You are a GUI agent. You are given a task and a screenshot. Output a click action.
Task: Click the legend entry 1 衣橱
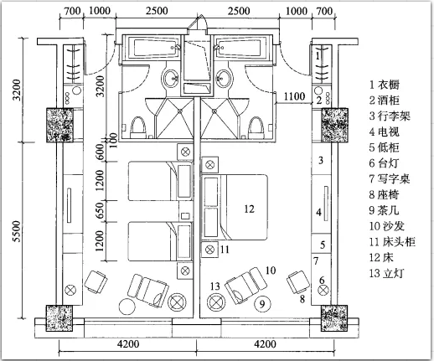pyautogui.click(x=385, y=85)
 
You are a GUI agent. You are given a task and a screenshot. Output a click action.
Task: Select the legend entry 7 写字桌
pyautogui.click(x=390, y=179)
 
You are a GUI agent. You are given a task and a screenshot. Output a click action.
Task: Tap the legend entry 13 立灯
pyautogui.click(x=386, y=273)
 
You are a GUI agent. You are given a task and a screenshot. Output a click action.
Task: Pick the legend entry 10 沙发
pyautogui.click(x=387, y=226)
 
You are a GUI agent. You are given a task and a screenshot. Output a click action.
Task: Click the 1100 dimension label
pyautogui.click(x=294, y=96)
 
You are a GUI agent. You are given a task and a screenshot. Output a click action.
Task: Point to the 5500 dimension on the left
pyautogui.click(x=17, y=231)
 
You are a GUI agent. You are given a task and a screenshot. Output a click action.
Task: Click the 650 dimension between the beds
pyautogui.click(x=100, y=211)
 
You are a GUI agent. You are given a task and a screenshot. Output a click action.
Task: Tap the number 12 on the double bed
pyautogui.click(x=249, y=209)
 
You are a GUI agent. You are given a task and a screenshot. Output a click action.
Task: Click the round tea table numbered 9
pyautogui.click(x=262, y=303)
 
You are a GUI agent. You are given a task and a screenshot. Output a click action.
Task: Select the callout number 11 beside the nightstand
pyautogui.click(x=225, y=249)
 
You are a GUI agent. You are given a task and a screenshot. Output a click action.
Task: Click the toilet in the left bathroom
pyautogui.click(x=138, y=127)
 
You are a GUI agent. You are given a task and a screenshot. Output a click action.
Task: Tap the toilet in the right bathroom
pyautogui.click(x=256, y=128)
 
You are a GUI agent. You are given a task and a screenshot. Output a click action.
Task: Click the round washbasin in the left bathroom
pyautogui.click(x=171, y=79)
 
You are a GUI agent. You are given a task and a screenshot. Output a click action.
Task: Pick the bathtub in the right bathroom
pyautogui.click(x=240, y=48)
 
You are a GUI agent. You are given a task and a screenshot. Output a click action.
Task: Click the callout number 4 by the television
pyautogui.click(x=318, y=213)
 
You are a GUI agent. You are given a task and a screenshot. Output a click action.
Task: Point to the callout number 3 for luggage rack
pyautogui.click(x=321, y=160)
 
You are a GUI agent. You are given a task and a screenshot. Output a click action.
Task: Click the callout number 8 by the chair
pyautogui.click(x=302, y=299)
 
